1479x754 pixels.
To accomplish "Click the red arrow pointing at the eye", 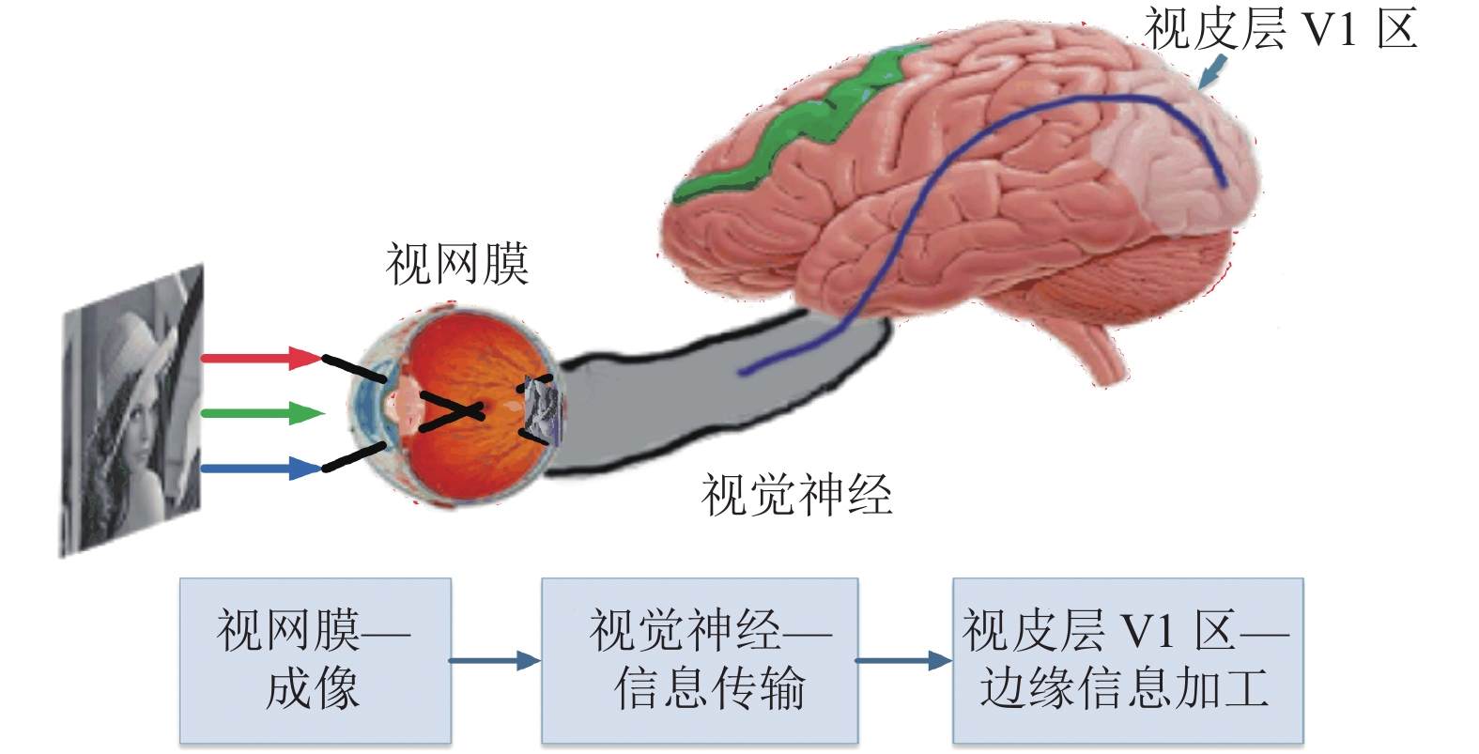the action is point(262,358).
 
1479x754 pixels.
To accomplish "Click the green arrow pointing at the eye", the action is point(263,414).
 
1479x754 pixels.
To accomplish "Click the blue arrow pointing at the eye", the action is point(262,469).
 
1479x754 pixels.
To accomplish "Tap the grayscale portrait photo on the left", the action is point(132,410).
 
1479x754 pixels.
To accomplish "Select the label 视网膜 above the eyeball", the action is point(457,264).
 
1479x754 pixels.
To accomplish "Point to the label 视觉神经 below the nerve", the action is point(797,495).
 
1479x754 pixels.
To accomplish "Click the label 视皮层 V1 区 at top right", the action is point(1281,29).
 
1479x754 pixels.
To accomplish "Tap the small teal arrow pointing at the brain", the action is point(1212,71).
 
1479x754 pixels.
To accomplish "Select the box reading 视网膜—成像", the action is point(316,661).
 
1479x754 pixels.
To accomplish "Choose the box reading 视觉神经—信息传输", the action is point(700,661).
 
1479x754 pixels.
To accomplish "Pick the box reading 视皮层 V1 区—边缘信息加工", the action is point(1128,661).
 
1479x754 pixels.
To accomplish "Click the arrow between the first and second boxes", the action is point(495,660).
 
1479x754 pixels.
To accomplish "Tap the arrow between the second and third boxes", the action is point(904,660).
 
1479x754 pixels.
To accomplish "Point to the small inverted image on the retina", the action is point(543,409).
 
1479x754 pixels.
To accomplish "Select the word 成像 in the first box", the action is point(313,688).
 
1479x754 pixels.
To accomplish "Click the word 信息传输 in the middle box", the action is point(710,688).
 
